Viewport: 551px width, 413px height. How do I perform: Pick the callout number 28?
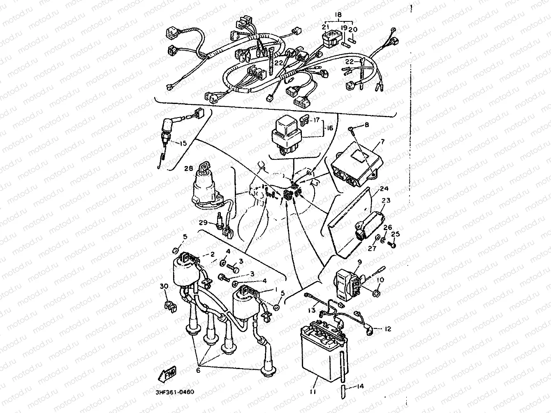[188, 168]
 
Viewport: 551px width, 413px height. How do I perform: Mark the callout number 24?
[384, 189]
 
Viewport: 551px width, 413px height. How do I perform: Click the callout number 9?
[359, 261]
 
